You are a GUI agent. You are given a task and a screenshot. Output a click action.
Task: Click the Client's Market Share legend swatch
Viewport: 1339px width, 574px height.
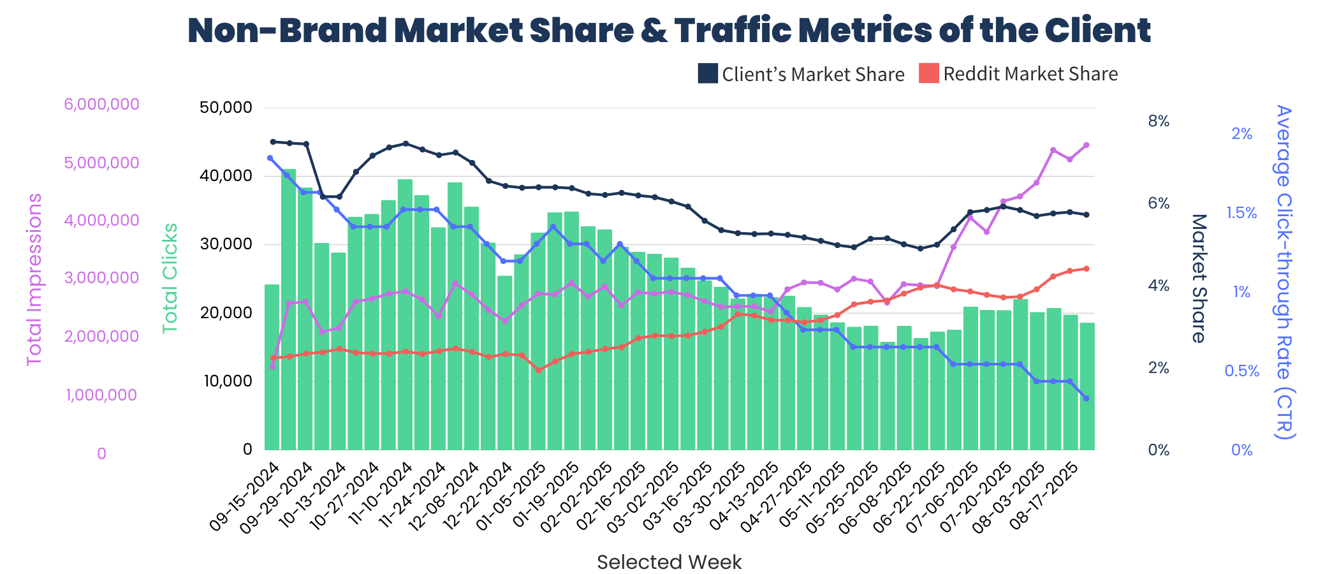click(708, 74)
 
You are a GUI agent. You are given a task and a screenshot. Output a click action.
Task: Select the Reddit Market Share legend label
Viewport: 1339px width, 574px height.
click(1030, 74)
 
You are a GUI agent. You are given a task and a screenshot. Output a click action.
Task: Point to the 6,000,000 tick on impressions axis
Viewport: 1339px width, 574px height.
click(101, 104)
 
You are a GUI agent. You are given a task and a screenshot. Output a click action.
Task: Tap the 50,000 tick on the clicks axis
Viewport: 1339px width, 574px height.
click(226, 107)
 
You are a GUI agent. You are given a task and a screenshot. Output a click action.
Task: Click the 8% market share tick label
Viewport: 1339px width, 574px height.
click(1159, 121)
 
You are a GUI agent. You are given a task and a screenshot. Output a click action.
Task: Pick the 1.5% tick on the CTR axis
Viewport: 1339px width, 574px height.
click(1241, 213)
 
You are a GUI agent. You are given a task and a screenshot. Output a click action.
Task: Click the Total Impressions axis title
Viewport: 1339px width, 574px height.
click(34, 279)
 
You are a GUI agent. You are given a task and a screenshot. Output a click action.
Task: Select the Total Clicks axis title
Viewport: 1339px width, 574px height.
click(170, 278)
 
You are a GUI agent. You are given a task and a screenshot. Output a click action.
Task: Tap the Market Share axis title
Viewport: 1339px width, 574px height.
click(1199, 278)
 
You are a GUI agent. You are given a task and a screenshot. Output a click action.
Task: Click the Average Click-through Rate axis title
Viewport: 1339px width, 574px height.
click(1284, 272)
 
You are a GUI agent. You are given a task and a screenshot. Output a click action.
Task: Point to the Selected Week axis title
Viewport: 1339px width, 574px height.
click(669, 562)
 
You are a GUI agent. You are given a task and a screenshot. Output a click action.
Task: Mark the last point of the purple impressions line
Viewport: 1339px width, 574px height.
click(1086, 145)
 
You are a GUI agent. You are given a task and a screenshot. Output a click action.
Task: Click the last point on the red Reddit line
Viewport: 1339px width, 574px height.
click(1086, 269)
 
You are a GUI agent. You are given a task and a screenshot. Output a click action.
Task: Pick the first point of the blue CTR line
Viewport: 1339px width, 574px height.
click(270, 158)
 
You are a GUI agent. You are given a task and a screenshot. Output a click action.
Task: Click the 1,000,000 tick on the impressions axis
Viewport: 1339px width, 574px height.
click(101, 395)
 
